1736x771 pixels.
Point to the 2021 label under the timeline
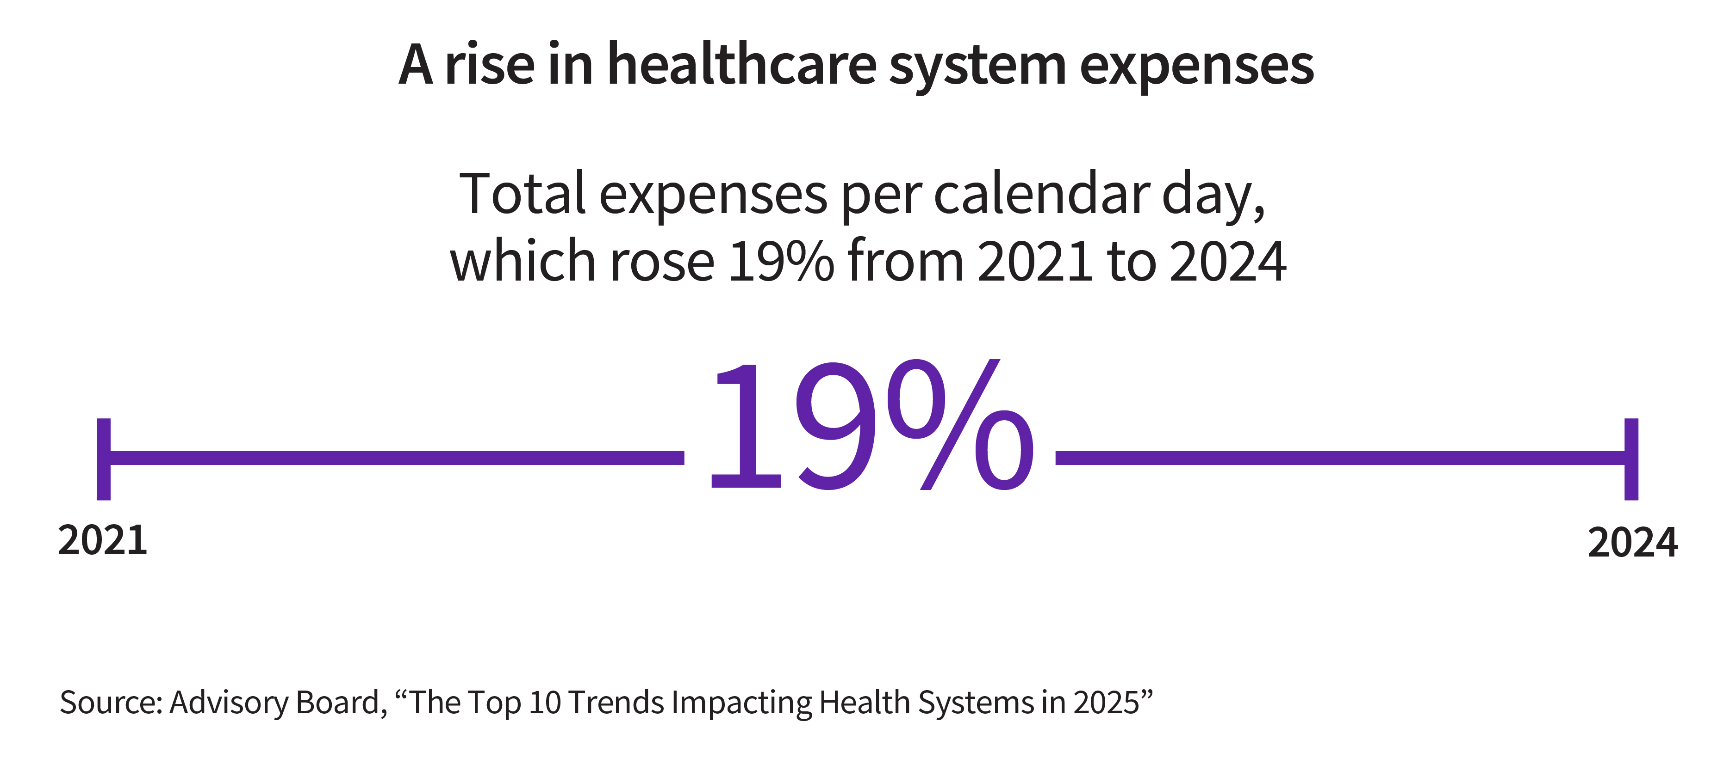102,541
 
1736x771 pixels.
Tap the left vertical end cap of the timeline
104,459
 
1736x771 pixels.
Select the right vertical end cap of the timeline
1631,459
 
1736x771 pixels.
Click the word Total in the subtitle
523,194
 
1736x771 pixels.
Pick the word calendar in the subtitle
1041,194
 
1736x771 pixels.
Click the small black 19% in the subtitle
782,261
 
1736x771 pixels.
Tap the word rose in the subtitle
662,261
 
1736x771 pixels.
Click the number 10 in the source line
545,702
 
